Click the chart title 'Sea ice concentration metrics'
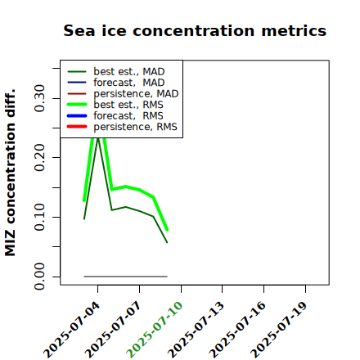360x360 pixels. click(195, 30)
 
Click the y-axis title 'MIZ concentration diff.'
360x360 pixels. click(10, 173)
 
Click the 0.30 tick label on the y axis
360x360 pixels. click(39, 98)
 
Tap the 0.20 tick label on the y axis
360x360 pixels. click(39, 157)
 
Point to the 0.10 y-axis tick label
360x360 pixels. click(39, 217)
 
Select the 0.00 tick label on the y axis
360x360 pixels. click(39, 277)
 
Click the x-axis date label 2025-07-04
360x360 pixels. click(71, 330)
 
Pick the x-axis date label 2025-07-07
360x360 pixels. click(113, 330)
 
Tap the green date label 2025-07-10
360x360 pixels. click(155, 330)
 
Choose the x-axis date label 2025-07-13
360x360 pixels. click(196, 330)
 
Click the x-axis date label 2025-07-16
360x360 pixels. click(237, 330)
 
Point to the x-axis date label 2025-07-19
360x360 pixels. click(279, 330)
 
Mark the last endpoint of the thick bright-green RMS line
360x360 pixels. click(167, 230)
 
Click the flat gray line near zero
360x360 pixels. click(125, 277)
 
